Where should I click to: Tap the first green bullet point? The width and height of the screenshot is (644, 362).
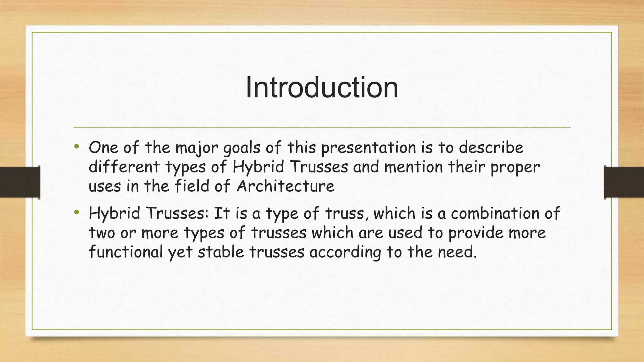point(76,146)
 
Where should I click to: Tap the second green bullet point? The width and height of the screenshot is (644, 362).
point(76,213)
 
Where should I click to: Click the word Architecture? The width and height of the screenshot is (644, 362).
point(285,186)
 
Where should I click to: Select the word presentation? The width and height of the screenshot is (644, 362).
point(368,148)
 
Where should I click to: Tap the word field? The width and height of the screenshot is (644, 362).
point(192,186)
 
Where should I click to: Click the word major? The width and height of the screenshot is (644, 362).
point(197,148)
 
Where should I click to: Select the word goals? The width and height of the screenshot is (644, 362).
point(241,148)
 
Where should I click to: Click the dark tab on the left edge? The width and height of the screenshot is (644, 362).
point(20,182)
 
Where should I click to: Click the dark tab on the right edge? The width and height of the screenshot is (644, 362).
point(624,182)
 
